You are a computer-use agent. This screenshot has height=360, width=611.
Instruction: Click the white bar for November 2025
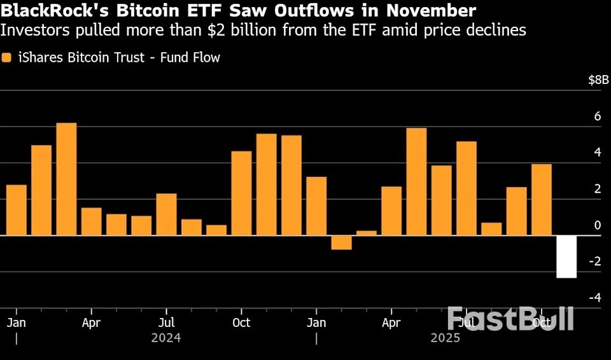point(566,256)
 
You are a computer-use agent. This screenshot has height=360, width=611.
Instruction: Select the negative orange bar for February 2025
point(341,242)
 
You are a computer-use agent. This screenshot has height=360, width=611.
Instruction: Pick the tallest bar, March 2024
point(66,179)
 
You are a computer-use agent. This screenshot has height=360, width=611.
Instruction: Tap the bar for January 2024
point(17,210)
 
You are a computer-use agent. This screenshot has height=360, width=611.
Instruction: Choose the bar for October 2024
point(241,193)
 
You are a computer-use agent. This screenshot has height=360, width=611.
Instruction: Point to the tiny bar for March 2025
point(366,233)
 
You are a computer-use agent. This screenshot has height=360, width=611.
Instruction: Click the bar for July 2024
point(166,214)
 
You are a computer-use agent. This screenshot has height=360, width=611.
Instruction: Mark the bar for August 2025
point(491,228)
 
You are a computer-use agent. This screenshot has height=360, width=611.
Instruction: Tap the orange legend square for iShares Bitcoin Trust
point(7,58)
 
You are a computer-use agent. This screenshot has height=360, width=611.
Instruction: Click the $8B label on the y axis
point(598,80)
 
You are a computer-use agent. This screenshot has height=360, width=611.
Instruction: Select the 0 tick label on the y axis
point(597,225)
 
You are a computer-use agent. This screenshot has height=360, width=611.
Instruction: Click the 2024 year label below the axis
point(166,338)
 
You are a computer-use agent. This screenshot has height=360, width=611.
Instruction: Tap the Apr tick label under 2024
point(91,322)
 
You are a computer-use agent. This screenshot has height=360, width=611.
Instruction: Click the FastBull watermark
point(510,318)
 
